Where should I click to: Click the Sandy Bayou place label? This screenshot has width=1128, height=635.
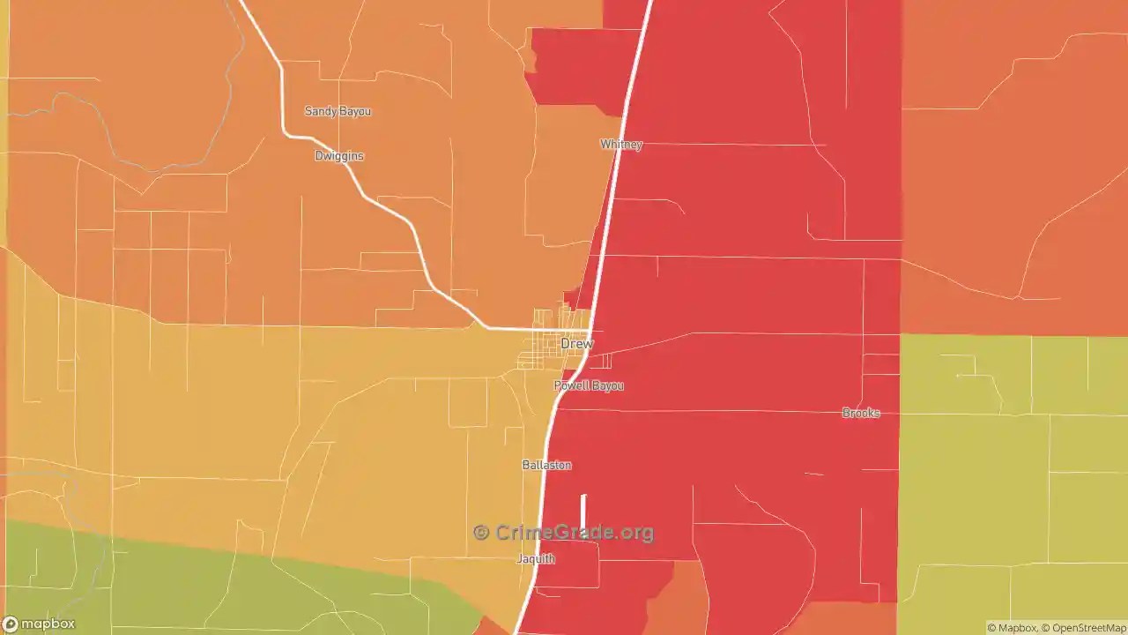[338, 111]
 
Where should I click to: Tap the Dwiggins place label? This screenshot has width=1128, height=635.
[339, 156]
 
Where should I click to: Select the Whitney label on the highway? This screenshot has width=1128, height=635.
[621, 145]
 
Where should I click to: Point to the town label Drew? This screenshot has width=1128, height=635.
[577, 343]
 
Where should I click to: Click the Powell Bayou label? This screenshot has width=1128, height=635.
[589, 385]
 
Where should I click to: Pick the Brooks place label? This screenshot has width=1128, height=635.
[861, 413]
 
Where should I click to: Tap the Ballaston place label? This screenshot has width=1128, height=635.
[546, 465]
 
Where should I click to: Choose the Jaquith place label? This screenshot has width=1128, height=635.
[536, 559]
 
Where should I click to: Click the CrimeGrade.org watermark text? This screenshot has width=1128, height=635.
[574, 533]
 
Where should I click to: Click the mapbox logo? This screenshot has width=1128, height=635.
[39, 624]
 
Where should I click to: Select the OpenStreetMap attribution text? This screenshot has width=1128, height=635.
[1087, 628]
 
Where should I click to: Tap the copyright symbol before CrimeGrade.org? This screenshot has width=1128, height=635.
[481, 533]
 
